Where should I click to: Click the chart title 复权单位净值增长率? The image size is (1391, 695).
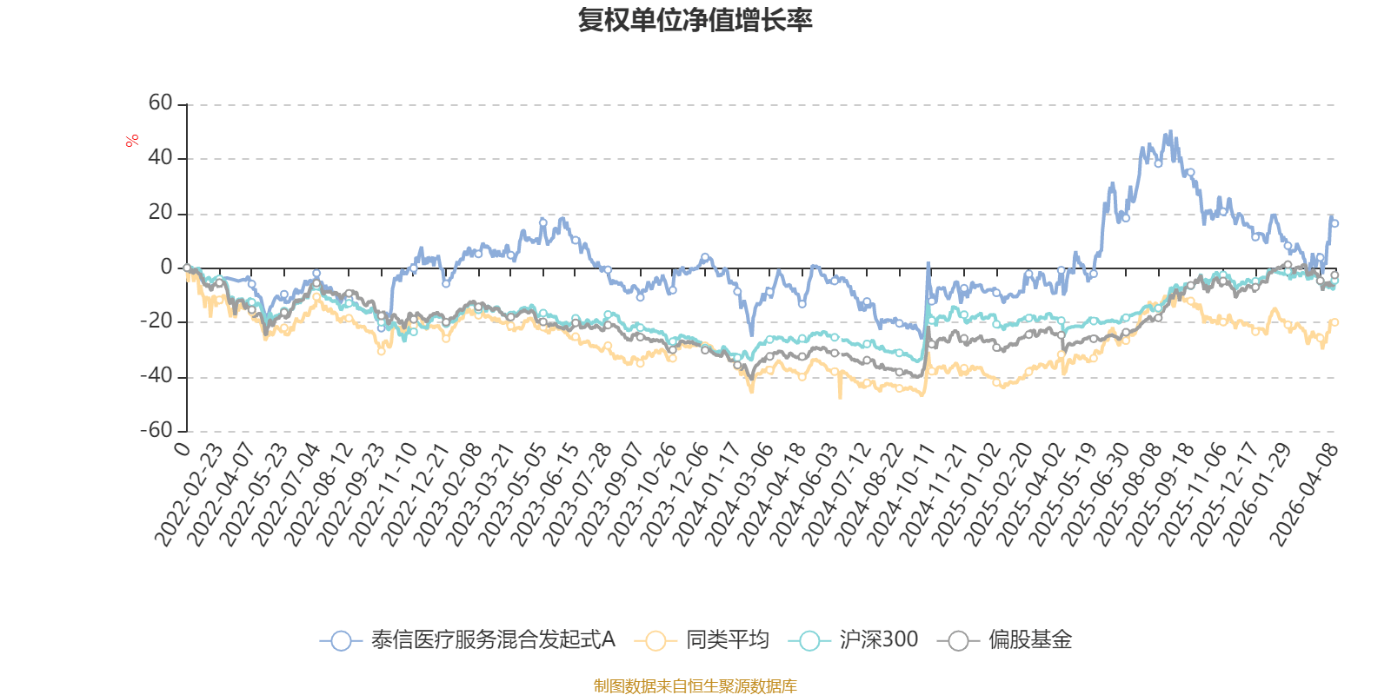coord(695,20)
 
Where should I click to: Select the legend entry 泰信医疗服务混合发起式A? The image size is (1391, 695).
coord(493,640)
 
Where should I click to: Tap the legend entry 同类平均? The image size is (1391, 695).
coord(727,640)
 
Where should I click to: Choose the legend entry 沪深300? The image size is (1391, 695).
coord(878,640)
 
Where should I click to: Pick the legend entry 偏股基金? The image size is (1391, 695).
coord(1029,640)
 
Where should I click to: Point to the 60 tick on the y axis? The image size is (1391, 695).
coord(161,103)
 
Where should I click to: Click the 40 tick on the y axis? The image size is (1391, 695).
coord(161,158)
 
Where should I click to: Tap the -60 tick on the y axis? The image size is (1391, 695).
coord(157,431)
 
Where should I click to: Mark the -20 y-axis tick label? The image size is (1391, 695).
coord(157,321)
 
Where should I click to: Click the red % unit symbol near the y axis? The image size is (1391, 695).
coord(132,141)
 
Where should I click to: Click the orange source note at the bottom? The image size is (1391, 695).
coord(695,686)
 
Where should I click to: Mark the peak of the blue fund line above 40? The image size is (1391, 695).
coord(1170,133)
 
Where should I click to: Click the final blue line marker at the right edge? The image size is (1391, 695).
coord(1334,223)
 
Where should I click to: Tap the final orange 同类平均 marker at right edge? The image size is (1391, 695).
coord(1335,322)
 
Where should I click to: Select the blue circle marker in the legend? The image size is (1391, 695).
coord(342,641)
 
